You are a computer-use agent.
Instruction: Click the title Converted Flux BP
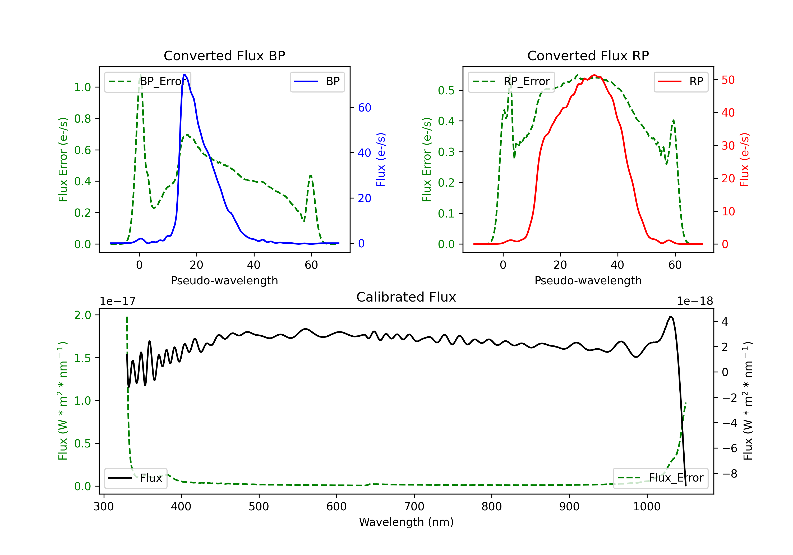click(224, 55)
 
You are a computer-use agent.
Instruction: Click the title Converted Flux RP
click(588, 55)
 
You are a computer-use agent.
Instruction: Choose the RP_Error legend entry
click(511, 81)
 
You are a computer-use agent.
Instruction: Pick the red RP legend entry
click(681, 81)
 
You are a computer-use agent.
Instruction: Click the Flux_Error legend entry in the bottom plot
click(660, 478)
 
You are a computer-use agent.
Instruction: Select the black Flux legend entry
click(135, 478)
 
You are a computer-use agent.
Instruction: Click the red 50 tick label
click(728, 80)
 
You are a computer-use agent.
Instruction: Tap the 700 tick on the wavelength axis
click(414, 506)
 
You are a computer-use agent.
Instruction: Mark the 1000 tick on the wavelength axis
click(647, 506)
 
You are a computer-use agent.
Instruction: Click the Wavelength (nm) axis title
click(406, 522)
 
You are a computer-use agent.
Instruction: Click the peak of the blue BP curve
click(185, 75)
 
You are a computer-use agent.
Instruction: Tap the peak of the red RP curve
click(594, 75)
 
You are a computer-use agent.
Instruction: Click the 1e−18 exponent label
click(695, 301)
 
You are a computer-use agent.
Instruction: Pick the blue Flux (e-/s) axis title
click(381, 160)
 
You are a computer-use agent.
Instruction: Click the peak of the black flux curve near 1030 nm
click(670, 316)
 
